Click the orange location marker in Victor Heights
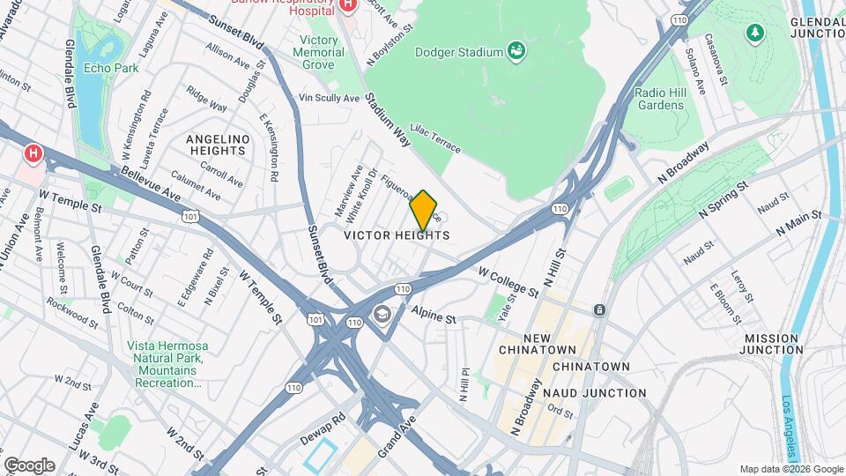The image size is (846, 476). (x=423, y=210)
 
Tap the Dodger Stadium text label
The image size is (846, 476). (x=458, y=52)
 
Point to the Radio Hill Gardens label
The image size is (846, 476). (x=659, y=99)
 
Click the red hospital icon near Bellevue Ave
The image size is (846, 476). (x=33, y=153)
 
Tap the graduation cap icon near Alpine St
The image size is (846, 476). (x=382, y=314)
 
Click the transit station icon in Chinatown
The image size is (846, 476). (x=599, y=310)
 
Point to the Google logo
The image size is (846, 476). (x=29, y=465)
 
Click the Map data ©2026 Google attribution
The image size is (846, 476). (x=790, y=469)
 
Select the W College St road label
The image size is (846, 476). (x=508, y=282)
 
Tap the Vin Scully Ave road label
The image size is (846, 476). (x=330, y=98)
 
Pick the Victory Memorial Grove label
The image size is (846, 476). (x=319, y=53)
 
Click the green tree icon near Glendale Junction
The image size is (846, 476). (x=754, y=33)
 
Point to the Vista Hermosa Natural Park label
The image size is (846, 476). (x=165, y=364)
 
